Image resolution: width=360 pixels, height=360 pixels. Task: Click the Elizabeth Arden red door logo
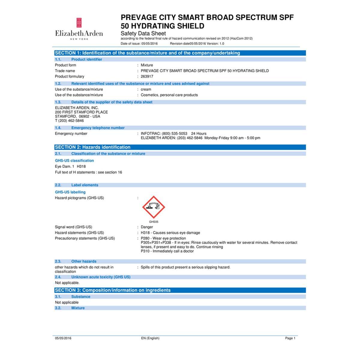79,22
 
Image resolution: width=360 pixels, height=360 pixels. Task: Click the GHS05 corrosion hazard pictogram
154,207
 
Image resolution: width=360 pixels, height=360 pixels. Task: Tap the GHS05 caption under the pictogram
154,222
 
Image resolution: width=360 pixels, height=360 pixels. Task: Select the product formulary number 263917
147,76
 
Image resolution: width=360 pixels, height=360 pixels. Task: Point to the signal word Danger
147,227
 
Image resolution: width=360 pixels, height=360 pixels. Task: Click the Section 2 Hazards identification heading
93,147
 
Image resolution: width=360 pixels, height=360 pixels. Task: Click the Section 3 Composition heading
112,290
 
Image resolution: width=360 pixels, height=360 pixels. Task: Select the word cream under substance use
146,89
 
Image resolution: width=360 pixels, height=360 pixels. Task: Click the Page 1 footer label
290,338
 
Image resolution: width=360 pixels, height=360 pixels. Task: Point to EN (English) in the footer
150,338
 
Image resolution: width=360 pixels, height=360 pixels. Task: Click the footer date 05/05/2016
63,338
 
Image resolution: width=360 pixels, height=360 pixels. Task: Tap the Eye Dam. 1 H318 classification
70,166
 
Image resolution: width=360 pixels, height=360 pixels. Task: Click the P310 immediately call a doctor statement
167,251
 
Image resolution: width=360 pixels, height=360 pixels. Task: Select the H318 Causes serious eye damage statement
170,233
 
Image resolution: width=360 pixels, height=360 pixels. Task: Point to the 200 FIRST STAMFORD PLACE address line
81,112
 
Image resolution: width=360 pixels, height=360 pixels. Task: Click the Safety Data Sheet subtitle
143,33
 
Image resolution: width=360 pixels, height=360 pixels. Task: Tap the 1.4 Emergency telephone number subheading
98,128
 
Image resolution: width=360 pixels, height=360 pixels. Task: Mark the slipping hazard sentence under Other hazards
185,267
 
